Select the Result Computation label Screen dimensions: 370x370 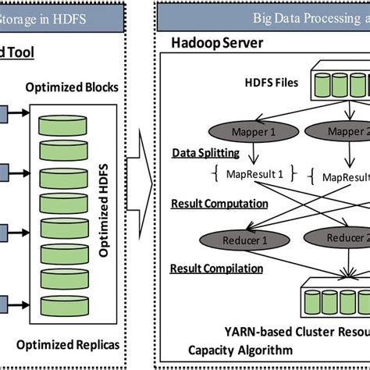coord(219,204)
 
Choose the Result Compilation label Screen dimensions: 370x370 coord(217,269)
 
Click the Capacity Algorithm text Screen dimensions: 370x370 coord(224,350)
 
